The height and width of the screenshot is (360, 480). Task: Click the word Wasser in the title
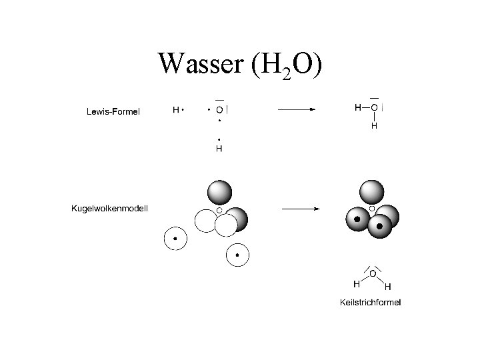(201, 63)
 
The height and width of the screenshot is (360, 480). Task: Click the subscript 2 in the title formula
(287, 74)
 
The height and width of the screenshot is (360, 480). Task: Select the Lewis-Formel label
(113, 111)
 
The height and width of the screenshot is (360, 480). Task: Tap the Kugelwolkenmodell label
(109, 209)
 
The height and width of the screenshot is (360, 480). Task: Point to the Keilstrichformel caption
(370, 303)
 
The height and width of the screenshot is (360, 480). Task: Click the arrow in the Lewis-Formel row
(297, 109)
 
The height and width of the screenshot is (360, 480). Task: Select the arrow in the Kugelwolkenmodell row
(301, 209)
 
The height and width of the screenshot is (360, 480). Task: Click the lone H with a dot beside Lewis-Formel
(176, 109)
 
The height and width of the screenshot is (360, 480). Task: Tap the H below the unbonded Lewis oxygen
(219, 149)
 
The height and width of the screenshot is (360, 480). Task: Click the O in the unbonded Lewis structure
(219, 109)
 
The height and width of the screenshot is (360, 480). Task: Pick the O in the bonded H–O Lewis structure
(374, 107)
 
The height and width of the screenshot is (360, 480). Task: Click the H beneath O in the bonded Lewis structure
(374, 125)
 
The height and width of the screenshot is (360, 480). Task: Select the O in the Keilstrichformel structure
(373, 274)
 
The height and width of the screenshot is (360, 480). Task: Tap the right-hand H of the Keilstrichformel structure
(387, 287)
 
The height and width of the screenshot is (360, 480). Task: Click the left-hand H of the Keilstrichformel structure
(357, 284)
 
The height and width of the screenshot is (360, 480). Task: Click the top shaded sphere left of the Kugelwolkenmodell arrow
(219, 192)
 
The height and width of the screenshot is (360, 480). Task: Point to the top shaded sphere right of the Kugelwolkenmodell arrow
(371, 192)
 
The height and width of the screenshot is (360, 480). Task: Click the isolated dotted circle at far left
(175, 239)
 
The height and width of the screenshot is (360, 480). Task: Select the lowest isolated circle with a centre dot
(237, 255)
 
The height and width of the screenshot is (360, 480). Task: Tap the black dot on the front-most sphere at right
(379, 226)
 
